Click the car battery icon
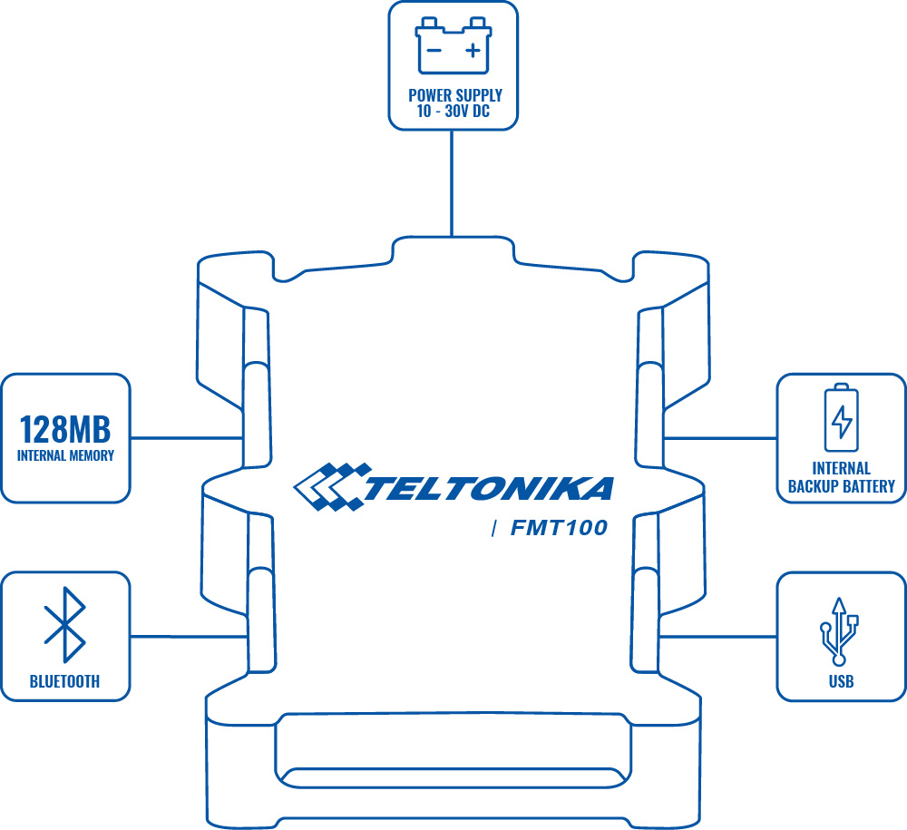tap(453, 46)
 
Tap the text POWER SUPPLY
tap(454, 95)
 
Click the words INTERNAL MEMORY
tap(65, 455)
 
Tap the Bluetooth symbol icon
tap(65, 625)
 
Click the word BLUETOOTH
tap(65, 681)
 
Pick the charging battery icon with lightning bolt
tap(842, 418)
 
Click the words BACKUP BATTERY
tap(841, 486)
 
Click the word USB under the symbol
tap(841, 681)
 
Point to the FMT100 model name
tap(559, 528)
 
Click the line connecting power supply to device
tap(453, 181)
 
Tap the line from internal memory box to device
tap(186, 438)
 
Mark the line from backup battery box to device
tap(721, 438)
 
